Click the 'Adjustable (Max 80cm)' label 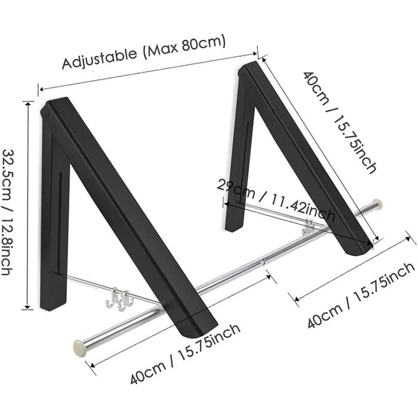[x=144, y=52]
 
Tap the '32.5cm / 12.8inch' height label [x=8, y=212]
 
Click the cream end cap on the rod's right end [x=377, y=204]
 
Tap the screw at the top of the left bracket [x=47, y=115]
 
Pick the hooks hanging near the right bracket [x=309, y=226]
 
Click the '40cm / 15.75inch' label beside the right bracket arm [x=340, y=122]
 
